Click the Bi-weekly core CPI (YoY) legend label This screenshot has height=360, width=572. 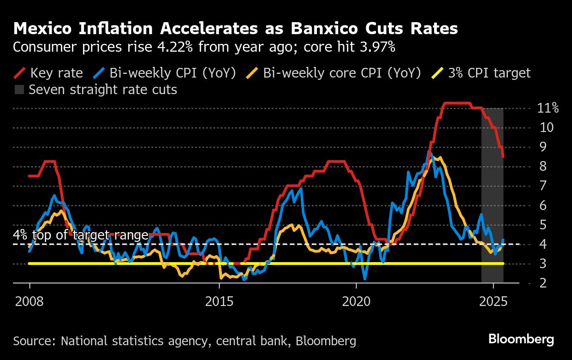[341, 73]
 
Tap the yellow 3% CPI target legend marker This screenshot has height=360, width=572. [438, 73]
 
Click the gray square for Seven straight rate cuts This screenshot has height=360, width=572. [19, 90]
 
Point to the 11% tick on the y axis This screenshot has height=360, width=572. [548, 109]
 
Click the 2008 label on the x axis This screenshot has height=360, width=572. [30, 302]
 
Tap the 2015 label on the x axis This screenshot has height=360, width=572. [219, 302]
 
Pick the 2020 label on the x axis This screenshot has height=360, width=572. [356, 302]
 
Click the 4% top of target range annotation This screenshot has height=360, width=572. [81, 235]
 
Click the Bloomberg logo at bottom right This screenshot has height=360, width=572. [521, 340]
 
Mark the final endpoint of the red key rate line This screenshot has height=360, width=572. [503, 156]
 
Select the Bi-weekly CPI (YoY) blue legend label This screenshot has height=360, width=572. [173, 73]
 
